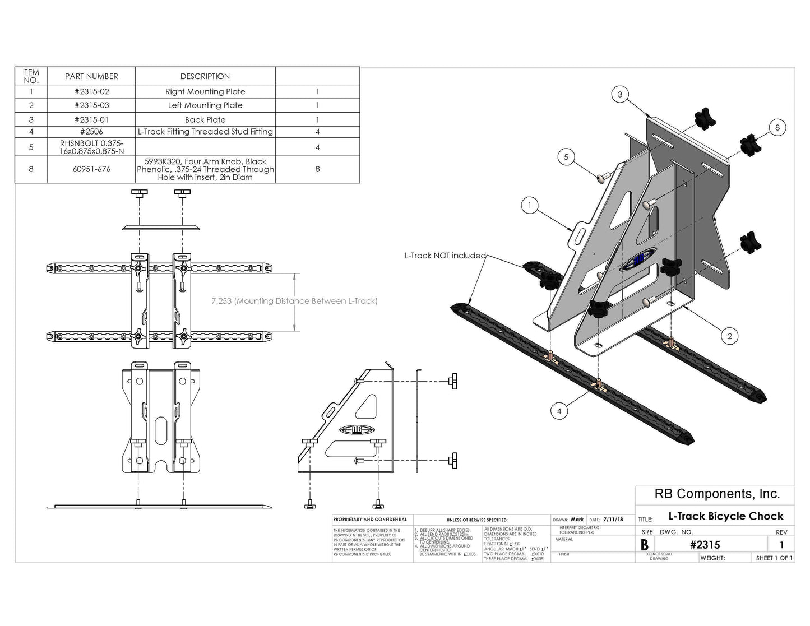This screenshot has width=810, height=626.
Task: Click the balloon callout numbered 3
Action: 619,94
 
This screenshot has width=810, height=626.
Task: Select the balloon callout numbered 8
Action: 777,128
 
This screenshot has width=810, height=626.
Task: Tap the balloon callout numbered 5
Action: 566,157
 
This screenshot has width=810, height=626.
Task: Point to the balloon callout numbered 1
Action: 530,206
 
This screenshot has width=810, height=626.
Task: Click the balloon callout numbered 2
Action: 729,336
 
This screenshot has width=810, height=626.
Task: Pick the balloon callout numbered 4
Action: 559,411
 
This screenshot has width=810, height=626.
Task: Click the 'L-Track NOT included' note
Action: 445,256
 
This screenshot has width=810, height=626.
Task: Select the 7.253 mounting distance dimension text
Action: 294,301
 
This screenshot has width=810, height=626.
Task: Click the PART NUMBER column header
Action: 91,76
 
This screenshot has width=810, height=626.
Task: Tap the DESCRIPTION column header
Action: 205,76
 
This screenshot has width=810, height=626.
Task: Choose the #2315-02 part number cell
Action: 91,91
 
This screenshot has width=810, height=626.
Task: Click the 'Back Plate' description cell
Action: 205,119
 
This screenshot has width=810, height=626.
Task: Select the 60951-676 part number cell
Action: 91,169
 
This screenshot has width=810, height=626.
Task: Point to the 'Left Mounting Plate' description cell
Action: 205,105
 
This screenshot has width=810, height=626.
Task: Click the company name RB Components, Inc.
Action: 717,494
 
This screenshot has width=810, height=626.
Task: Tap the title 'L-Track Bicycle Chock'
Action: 725,516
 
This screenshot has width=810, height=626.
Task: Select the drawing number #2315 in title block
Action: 705,545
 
